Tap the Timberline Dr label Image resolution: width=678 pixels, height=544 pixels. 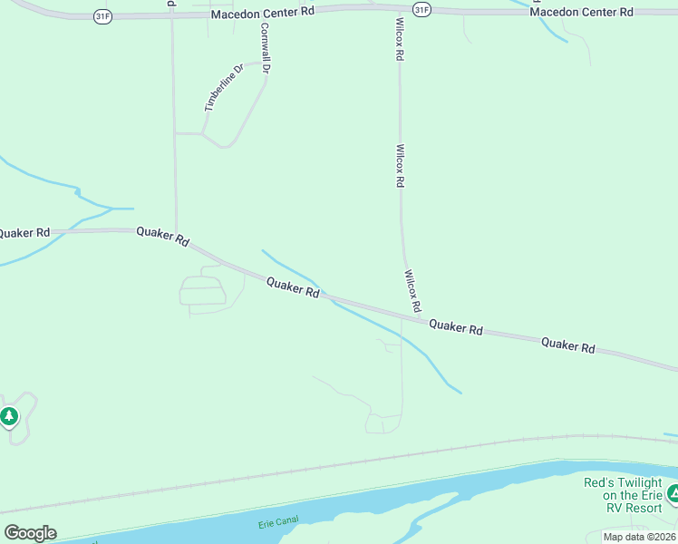point(224,87)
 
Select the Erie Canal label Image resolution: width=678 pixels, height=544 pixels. point(278,525)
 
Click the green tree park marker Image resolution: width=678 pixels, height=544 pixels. point(9,416)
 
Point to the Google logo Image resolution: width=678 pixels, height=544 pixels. point(30,533)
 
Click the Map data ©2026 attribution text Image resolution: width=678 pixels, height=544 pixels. point(639,537)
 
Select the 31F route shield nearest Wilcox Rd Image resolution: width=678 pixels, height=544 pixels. point(421,9)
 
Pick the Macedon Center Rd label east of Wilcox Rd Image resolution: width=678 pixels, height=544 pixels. point(581,12)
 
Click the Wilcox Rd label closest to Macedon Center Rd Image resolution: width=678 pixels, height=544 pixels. point(399,38)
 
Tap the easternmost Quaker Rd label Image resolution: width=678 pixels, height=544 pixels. point(568,345)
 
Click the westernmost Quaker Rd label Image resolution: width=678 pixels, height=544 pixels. point(23,233)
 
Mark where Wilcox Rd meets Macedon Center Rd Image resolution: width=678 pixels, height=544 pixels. point(398,10)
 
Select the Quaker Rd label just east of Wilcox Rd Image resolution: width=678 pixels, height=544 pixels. point(455,325)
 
